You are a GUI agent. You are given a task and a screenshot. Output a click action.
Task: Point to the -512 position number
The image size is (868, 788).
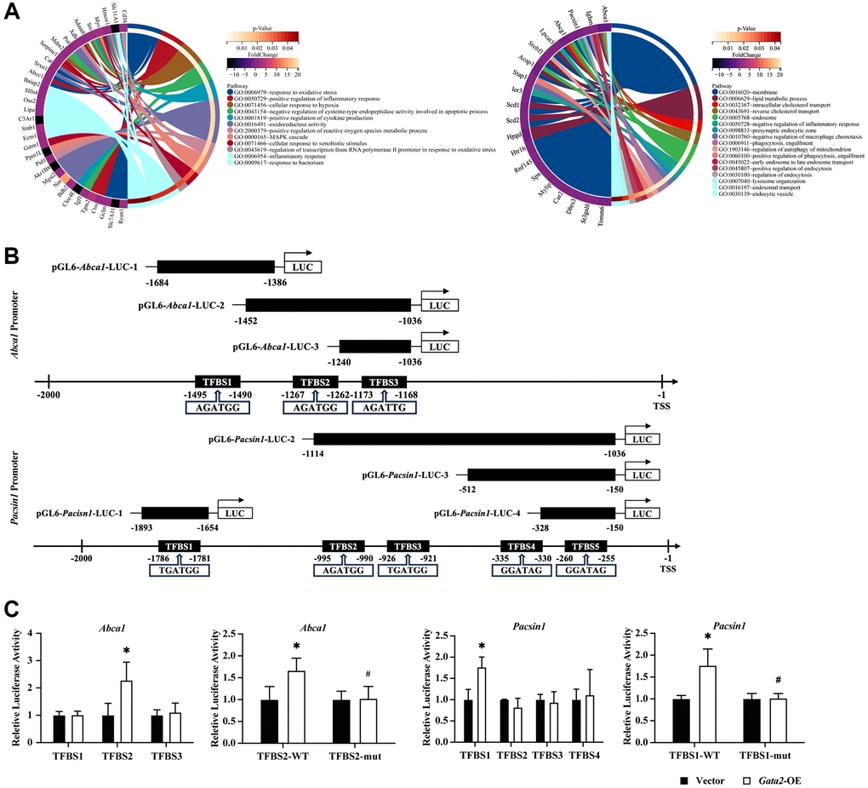[x=466, y=492]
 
